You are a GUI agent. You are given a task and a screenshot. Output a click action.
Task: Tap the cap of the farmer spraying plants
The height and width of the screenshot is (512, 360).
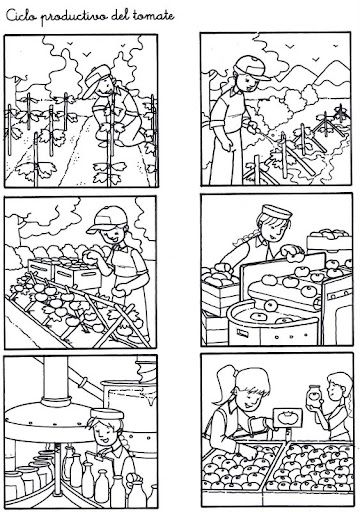(x=252, y=68)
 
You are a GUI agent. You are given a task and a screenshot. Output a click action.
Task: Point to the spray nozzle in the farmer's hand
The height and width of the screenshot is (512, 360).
(x=254, y=127)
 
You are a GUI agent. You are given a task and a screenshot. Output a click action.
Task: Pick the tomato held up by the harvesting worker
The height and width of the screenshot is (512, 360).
(x=89, y=256)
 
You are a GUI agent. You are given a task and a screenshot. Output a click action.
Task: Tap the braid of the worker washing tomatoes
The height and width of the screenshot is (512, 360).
(x=247, y=238)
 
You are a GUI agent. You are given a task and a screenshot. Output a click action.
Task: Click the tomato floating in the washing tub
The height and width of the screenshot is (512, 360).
(x=270, y=305)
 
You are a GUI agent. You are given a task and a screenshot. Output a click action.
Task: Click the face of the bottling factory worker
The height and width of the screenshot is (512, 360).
(x=104, y=432)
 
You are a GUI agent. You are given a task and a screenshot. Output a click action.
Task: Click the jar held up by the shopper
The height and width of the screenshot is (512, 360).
(x=314, y=396)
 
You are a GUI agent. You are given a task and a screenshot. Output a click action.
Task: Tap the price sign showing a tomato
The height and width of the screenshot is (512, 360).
(x=287, y=418)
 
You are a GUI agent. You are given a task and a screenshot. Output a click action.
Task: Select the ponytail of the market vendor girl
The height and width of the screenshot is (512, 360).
(x=225, y=384)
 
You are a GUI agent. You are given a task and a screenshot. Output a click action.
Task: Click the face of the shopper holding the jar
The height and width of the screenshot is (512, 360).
(x=333, y=389)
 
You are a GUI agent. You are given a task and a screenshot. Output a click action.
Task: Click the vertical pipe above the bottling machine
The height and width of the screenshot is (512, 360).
(x=56, y=377)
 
